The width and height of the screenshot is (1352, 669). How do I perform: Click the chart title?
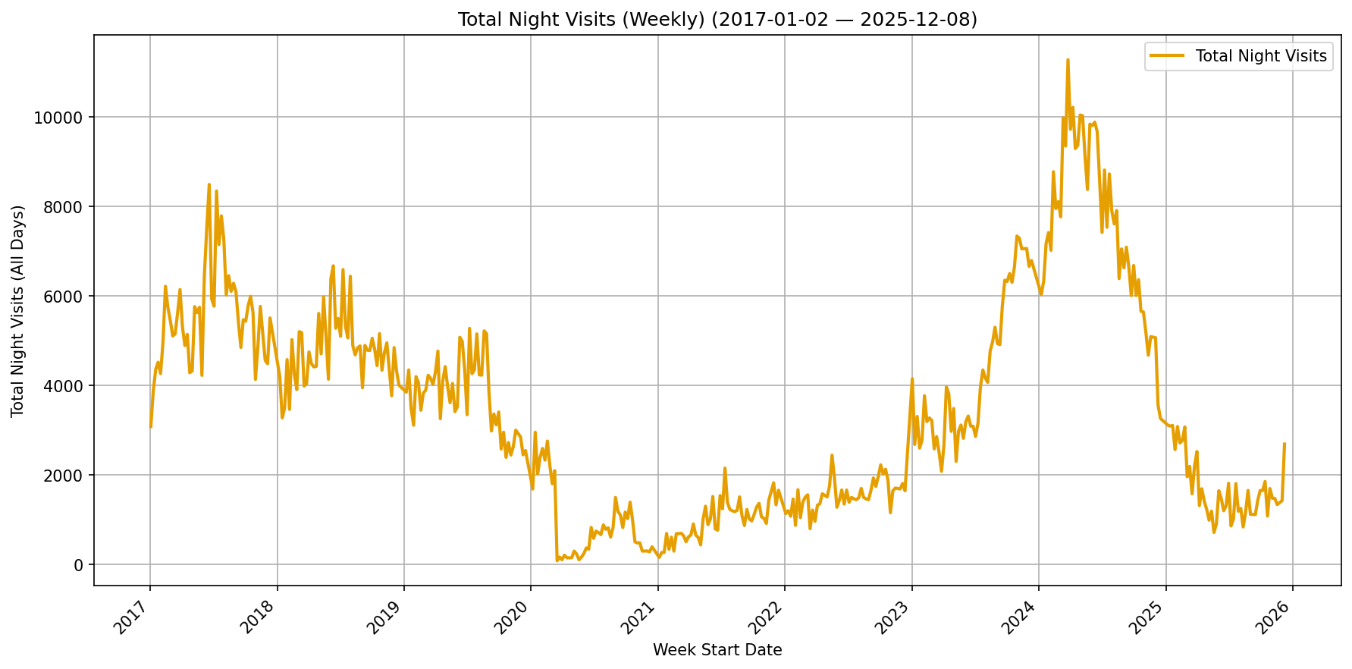(x=717, y=20)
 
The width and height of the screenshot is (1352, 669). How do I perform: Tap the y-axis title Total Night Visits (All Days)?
(x=18, y=311)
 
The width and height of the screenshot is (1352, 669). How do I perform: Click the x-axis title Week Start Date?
(x=717, y=650)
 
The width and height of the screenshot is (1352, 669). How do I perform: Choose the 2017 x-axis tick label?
(x=130, y=616)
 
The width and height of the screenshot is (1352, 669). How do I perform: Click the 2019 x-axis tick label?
(x=384, y=616)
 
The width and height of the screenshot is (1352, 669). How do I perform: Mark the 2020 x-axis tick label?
(x=512, y=616)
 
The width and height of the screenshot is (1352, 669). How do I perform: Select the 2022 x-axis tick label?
(x=766, y=616)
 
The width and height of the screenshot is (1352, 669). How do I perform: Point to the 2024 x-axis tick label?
(x=1020, y=616)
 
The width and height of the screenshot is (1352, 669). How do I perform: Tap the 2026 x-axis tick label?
(x=1274, y=616)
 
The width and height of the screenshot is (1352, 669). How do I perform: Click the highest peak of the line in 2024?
(x=1068, y=59)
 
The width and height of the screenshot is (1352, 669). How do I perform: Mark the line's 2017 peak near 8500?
(x=209, y=184)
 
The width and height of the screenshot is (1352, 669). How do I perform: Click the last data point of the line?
(x=1284, y=444)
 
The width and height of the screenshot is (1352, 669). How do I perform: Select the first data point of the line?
(x=150, y=427)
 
